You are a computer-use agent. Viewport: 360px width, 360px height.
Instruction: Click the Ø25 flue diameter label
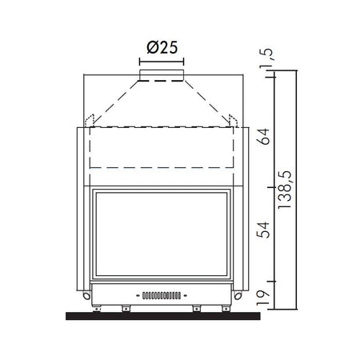click(x=162, y=48)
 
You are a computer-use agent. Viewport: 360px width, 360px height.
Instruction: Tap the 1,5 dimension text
click(x=266, y=58)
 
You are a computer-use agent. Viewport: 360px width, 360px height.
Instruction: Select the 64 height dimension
click(x=263, y=137)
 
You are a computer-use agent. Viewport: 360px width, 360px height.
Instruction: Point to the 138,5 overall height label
click(x=285, y=190)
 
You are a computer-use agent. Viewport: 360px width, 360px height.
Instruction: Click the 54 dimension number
click(x=263, y=230)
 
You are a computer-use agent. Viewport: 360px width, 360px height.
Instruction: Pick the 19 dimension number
click(x=263, y=298)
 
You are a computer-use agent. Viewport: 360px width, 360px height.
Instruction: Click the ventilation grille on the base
click(x=162, y=295)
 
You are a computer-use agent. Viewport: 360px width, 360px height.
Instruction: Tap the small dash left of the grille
click(x=138, y=295)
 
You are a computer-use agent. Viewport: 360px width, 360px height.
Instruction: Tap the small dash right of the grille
click(x=186, y=295)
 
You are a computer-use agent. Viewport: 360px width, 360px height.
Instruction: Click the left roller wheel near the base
click(x=86, y=295)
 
